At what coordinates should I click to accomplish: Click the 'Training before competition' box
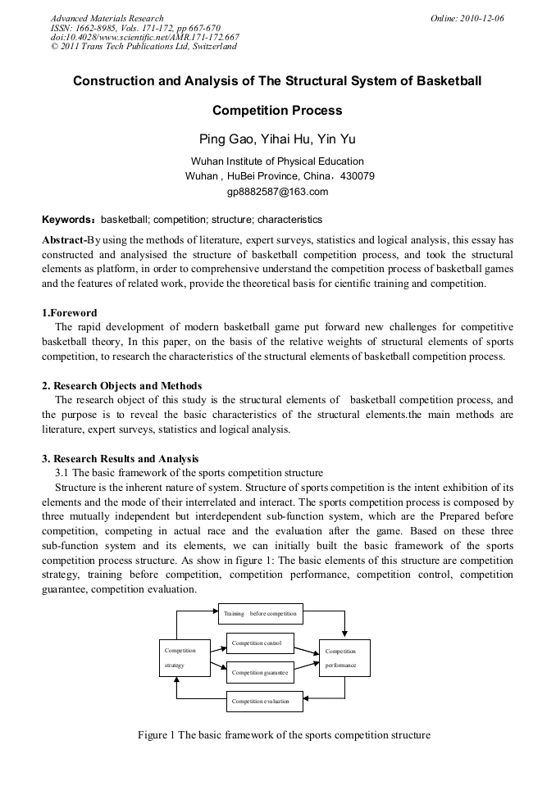pyautogui.click(x=261, y=613)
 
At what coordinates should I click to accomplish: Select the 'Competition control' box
pyautogui.click(x=259, y=643)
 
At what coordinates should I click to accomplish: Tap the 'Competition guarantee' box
pyautogui.click(x=259, y=672)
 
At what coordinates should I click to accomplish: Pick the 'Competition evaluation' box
pyautogui.click(x=259, y=702)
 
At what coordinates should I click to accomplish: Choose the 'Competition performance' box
pyautogui.click(x=344, y=657)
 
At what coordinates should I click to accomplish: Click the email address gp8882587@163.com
pyautogui.click(x=277, y=192)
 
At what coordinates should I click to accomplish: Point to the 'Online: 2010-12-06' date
pyautogui.click(x=467, y=18)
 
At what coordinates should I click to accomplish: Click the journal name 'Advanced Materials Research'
pyautogui.click(x=107, y=18)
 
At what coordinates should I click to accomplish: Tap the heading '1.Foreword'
pyautogui.click(x=70, y=313)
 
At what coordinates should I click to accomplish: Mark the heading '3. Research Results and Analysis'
pyautogui.click(x=120, y=459)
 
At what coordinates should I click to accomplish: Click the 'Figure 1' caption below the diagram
pyautogui.click(x=284, y=735)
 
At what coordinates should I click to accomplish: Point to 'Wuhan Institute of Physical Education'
pyautogui.click(x=277, y=161)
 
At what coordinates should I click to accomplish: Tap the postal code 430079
pyautogui.click(x=357, y=176)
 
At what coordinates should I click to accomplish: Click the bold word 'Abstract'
pyautogui.click(x=63, y=240)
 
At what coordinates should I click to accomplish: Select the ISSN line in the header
pyautogui.click(x=135, y=28)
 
